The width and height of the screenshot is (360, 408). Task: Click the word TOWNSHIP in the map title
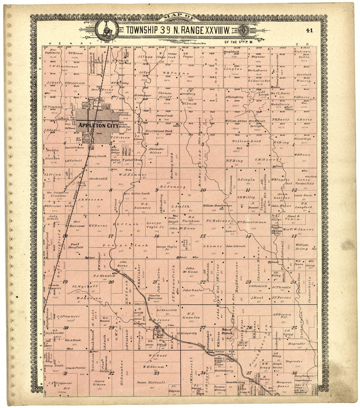point(142,30)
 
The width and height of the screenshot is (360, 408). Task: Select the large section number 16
point(157,236)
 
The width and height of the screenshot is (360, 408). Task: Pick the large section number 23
point(248,282)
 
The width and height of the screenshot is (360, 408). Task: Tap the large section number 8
point(111,190)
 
